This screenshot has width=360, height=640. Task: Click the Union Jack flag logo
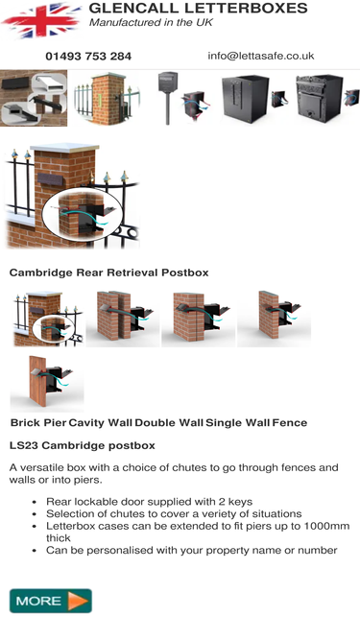click(41, 20)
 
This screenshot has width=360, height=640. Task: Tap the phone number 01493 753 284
click(88, 57)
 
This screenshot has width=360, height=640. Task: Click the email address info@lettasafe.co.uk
click(261, 56)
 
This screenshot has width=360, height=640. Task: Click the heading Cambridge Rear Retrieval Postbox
click(109, 273)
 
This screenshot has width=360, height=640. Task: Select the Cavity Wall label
click(100, 423)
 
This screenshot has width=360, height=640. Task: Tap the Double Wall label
click(169, 423)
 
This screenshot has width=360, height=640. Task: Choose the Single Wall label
click(237, 423)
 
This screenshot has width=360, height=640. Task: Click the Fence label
click(290, 423)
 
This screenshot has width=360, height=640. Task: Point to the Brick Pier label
click(38, 423)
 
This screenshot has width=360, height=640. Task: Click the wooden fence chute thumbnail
click(47, 383)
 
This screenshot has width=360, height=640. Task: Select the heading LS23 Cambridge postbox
click(82, 445)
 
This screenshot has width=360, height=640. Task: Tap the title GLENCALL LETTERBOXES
click(198, 8)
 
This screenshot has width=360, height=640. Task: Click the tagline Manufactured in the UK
click(151, 22)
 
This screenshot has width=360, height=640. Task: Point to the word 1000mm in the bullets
click(327, 526)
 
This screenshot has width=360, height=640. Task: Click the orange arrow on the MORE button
click(78, 601)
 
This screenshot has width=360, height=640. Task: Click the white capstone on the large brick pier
click(65, 148)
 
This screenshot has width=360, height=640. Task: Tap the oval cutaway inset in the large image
click(82, 214)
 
